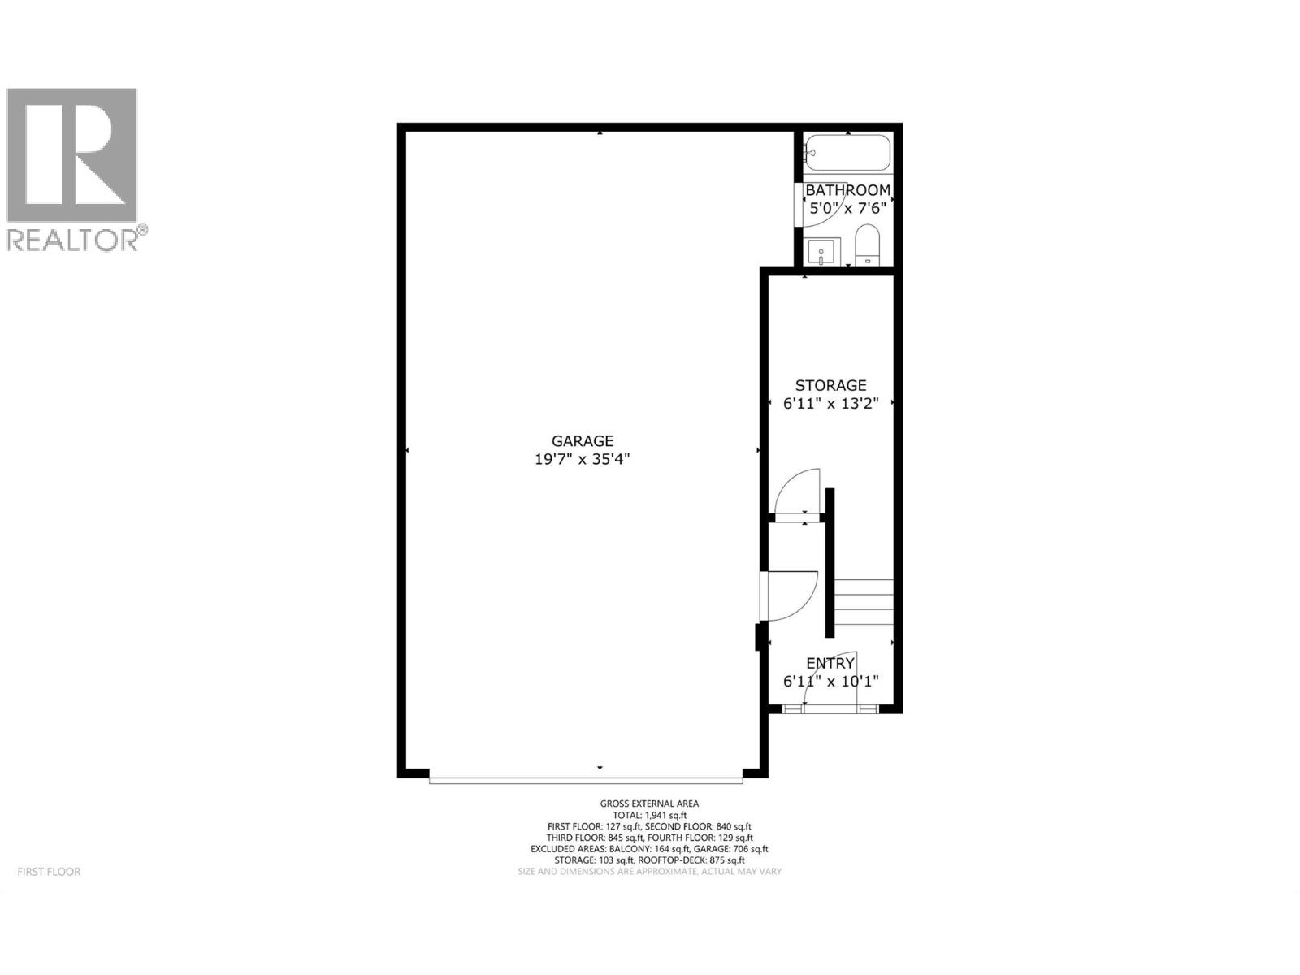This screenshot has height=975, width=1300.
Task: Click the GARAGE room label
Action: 582,441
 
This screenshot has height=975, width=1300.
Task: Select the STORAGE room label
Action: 830,385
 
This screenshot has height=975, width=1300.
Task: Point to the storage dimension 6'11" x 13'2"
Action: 830,404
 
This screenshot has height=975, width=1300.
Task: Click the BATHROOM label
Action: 847,190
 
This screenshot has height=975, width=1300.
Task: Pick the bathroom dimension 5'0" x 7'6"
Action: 847,208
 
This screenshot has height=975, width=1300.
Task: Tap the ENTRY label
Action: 830,664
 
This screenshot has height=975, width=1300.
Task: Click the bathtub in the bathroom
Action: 847,153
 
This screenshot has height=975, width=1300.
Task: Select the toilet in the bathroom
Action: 868,244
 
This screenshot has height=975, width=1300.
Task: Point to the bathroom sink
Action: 821,252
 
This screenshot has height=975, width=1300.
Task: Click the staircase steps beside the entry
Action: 864,601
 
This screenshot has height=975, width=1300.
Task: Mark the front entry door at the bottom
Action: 830,709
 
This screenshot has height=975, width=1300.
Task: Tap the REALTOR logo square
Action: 72,155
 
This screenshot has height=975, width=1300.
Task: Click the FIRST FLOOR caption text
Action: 50,872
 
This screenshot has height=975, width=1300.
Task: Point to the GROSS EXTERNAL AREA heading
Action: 649,804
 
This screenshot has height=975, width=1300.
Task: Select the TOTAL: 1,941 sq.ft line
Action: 649,815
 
